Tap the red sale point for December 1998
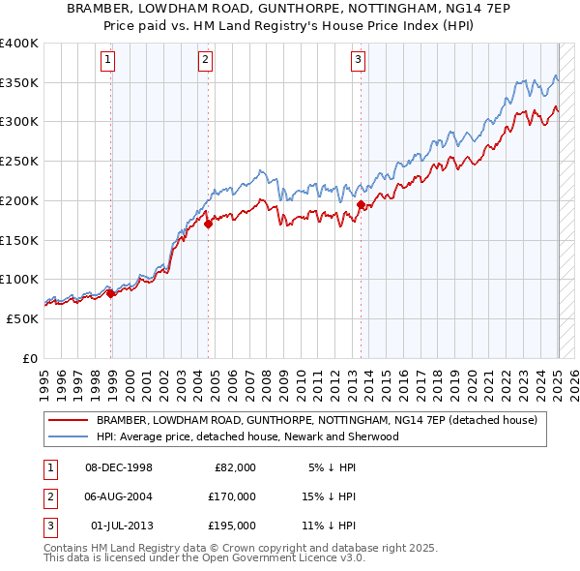coord(110,293)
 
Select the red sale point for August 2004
coord(208,224)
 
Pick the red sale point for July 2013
coord(361,204)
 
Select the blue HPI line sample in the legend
coord(68,436)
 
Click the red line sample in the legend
coord(68,420)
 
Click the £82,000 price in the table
coord(234,467)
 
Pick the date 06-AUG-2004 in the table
coord(118,496)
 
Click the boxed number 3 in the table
coord(48,526)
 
